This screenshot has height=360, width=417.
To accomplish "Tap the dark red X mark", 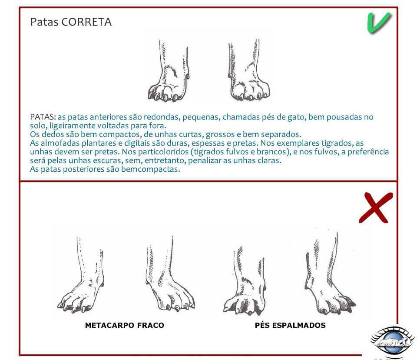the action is point(375,208).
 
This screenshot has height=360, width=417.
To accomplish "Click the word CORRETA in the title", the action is point(86,22).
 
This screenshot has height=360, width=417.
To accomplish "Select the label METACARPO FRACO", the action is point(125,325).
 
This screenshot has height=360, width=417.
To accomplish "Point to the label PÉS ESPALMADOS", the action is point(290,325).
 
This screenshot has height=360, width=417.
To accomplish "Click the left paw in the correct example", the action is point(169,71).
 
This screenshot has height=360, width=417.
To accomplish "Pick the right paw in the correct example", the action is point(248,70).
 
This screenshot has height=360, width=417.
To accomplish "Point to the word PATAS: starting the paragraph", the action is point(43,117).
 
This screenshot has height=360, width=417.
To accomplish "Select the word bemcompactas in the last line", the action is point(151,170).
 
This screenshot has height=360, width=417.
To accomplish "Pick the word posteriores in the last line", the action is point(91,170).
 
